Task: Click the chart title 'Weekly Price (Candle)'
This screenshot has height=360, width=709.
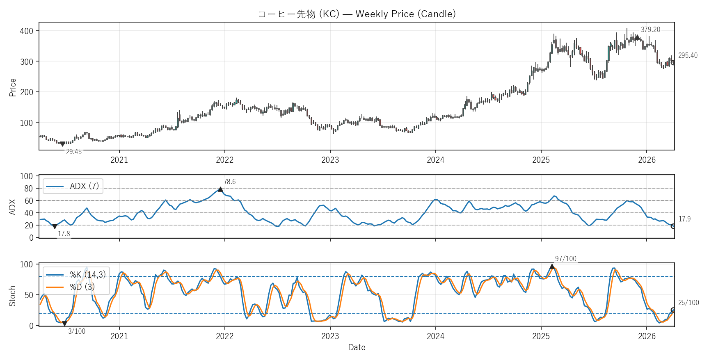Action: click(x=357, y=14)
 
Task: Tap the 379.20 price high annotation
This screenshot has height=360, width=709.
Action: click(x=650, y=30)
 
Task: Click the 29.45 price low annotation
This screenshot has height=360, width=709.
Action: click(x=74, y=152)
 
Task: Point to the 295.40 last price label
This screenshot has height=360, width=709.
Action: click(x=688, y=55)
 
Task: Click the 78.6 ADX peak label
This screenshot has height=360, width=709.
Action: click(x=229, y=182)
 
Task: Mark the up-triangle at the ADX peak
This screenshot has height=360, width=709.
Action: click(x=220, y=189)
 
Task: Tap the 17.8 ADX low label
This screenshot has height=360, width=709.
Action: click(x=64, y=234)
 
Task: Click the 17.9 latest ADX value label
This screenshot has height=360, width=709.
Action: click(x=684, y=219)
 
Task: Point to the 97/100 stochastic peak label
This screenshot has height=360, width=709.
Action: click(x=565, y=259)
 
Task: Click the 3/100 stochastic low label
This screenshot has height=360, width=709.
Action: click(x=77, y=331)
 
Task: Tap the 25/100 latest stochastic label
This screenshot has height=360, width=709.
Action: click(x=688, y=303)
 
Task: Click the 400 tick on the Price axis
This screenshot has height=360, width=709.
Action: click(x=26, y=31)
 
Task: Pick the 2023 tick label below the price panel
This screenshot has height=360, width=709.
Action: click(x=330, y=160)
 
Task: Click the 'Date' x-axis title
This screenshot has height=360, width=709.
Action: click(x=357, y=347)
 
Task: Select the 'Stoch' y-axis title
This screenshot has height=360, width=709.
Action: click(x=12, y=296)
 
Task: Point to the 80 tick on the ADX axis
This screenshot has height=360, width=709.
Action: click(x=28, y=189)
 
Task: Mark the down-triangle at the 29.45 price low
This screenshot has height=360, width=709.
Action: click(x=62, y=144)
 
